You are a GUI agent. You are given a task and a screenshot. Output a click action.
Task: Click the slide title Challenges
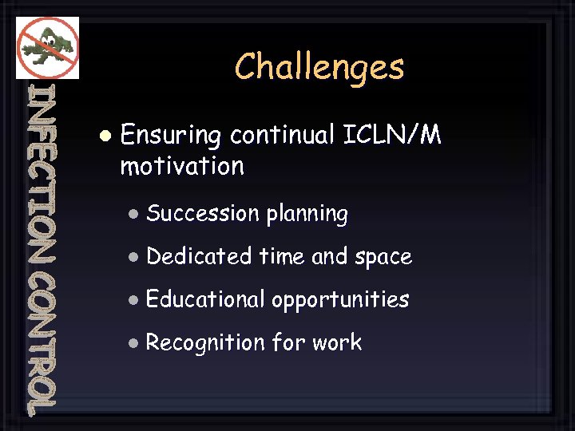tap(319, 67)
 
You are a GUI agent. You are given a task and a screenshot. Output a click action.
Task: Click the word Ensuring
tap(170, 136)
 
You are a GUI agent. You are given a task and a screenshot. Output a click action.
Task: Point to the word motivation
tap(182, 167)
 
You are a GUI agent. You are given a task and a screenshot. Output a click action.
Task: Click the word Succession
tap(203, 214)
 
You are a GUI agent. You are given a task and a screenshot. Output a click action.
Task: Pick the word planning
tap(307, 215)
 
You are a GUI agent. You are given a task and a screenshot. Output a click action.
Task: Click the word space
tap(383, 258)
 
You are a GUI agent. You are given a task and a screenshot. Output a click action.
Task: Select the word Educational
tap(205, 300)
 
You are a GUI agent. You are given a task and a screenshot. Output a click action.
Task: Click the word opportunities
tap(340, 301)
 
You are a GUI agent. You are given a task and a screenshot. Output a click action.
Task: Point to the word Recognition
tap(205, 343)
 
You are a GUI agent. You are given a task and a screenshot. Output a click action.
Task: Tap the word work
tap(337, 343)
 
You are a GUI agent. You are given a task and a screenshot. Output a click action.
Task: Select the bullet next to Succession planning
tap(134, 214)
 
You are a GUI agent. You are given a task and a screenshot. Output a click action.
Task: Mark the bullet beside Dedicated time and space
tap(134, 257)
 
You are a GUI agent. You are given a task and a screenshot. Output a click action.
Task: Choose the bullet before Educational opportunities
tap(134, 300)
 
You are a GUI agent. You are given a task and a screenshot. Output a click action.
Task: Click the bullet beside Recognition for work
tap(134, 343)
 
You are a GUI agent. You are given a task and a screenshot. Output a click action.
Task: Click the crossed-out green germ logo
tap(47, 47)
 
